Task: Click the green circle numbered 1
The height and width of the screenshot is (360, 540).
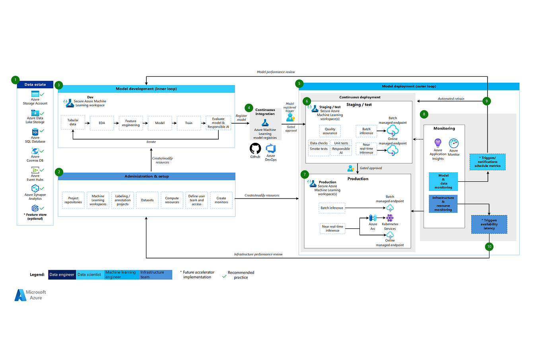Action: point(16,80)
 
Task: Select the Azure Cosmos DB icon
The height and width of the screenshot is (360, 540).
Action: point(35,151)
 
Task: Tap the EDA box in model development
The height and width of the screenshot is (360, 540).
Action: point(102,123)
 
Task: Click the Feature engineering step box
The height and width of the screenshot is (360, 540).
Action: point(131,123)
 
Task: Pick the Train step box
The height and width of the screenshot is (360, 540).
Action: point(188,123)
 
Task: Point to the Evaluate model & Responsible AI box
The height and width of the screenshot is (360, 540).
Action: point(218,123)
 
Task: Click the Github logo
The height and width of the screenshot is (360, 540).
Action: point(255,149)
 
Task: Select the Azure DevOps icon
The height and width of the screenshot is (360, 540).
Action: point(271,149)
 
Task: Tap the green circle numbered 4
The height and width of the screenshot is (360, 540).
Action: point(249,108)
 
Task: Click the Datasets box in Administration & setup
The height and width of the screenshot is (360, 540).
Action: point(147,200)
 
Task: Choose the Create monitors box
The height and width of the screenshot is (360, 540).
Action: point(221,200)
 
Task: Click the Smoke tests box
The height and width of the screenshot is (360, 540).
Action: point(319,149)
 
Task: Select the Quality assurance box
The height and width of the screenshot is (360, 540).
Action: point(330,131)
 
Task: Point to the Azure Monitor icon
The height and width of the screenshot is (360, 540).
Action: point(454,143)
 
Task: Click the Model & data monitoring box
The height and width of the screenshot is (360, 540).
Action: point(443,181)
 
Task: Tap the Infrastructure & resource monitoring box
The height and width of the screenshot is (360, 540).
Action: point(443,204)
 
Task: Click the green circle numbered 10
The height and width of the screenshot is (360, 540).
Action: point(489,247)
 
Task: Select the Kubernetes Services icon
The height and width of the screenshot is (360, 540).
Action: point(390,218)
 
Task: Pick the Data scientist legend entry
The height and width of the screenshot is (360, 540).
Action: point(89,275)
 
